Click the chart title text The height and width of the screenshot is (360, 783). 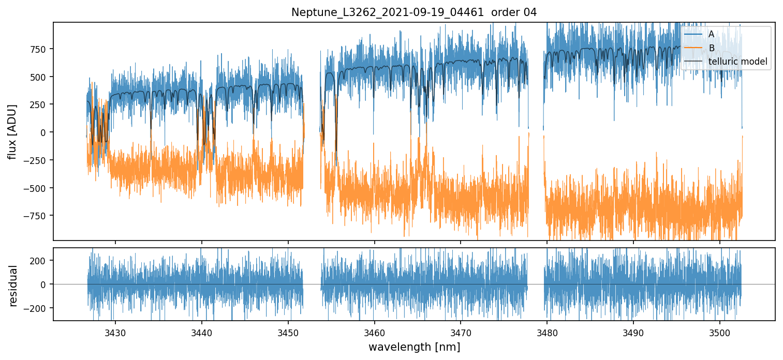coord(414,12)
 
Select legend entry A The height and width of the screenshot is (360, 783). coord(711,34)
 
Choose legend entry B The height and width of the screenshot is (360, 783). coord(711,48)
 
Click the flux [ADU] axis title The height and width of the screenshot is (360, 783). coord(12,131)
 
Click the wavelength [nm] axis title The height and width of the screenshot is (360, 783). coord(414,347)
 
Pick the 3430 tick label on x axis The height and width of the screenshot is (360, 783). coord(115,332)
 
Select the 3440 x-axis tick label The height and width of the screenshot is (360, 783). coord(201,332)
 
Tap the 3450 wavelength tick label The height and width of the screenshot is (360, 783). coord(288,332)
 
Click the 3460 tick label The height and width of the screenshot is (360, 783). coord(374,332)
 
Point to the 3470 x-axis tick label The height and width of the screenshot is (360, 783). coord(461,332)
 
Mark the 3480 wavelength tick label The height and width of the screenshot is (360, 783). coord(547,332)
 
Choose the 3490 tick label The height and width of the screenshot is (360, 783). coord(633,332)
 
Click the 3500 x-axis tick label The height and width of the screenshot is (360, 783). coord(720,332)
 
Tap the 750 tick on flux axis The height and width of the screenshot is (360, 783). coord(39,49)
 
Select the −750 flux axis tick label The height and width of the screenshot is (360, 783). coord(37,216)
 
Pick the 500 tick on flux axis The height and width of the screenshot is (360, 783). coord(39,77)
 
